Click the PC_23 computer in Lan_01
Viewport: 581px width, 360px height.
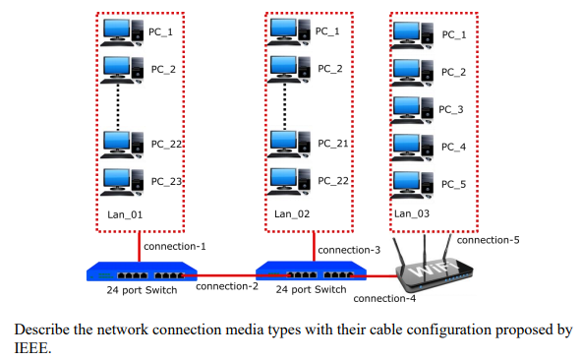pos(117,182)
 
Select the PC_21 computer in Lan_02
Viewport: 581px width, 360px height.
pos(284,144)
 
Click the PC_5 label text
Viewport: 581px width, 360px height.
pos(453,184)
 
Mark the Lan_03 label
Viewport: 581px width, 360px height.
pos(413,213)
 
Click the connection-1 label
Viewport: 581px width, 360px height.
pos(174,246)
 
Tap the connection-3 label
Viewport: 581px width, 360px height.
pos(348,251)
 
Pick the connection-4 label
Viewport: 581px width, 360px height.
pos(384,298)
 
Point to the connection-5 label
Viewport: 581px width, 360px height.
pos(489,239)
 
